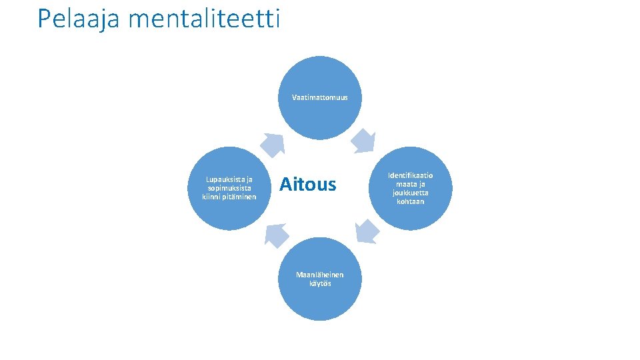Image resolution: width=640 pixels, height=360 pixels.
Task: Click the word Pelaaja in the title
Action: click(79, 19)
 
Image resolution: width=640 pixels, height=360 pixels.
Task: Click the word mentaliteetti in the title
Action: click(204, 19)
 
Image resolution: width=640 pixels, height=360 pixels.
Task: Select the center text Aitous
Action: click(307, 184)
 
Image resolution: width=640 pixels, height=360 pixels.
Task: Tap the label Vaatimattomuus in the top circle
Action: click(320, 97)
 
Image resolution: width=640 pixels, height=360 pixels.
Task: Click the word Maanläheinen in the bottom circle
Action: click(320, 275)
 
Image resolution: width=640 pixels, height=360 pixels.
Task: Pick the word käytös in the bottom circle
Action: click(320, 283)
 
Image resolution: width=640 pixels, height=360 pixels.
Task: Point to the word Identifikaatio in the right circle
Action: click(411, 175)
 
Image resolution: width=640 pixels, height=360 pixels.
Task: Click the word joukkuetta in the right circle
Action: click(411, 193)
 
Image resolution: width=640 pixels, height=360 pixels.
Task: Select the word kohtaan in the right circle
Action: click(411, 201)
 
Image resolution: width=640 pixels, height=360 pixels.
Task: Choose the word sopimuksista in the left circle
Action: click(229, 188)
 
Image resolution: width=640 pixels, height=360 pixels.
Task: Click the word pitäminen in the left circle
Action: click(239, 197)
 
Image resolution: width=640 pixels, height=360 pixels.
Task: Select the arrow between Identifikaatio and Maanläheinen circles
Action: click(366, 231)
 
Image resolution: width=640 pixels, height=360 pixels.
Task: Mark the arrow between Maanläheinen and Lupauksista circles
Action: click(277, 234)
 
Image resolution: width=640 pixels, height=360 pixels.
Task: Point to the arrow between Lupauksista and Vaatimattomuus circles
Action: click(273, 143)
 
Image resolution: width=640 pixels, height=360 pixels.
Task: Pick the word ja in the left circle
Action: click(249, 179)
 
